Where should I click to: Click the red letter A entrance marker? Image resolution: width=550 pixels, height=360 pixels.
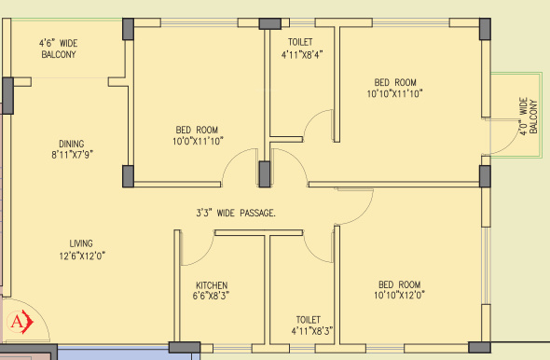(x=17, y=322)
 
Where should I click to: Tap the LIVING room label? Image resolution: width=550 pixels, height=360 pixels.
(x=81, y=243)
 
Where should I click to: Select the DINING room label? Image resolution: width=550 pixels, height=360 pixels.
(x=72, y=144)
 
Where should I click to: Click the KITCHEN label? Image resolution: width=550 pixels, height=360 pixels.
(x=212, y=285)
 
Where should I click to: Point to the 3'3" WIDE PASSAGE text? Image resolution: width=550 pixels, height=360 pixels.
(x=236, y=213)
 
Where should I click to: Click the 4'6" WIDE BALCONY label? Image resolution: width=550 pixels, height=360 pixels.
(x=58, y=48)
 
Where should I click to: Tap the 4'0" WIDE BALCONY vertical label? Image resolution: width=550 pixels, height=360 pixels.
(x=529, y=117)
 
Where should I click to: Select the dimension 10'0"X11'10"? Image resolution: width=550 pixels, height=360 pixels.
(x=198, y=141)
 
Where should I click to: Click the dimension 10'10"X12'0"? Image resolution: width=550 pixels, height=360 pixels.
(x=399, y=295)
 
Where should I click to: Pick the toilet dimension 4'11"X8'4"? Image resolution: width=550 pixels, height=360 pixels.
(x=302, y=55)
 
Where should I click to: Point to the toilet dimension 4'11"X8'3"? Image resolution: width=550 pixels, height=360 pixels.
(x=312, y=331)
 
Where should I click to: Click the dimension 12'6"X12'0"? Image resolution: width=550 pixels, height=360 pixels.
(x=82, y=256)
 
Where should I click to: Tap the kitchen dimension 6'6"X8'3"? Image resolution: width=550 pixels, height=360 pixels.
(x=211, y=296)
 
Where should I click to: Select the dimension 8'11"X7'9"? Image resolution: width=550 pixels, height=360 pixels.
(x=73, y=155)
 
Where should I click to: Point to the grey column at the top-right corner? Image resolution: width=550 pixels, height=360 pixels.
(x=485, y=29)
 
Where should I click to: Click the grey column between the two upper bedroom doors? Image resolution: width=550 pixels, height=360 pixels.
(x=265, y=174)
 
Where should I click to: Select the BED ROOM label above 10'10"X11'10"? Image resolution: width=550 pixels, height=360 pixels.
(x=395, y=82)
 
